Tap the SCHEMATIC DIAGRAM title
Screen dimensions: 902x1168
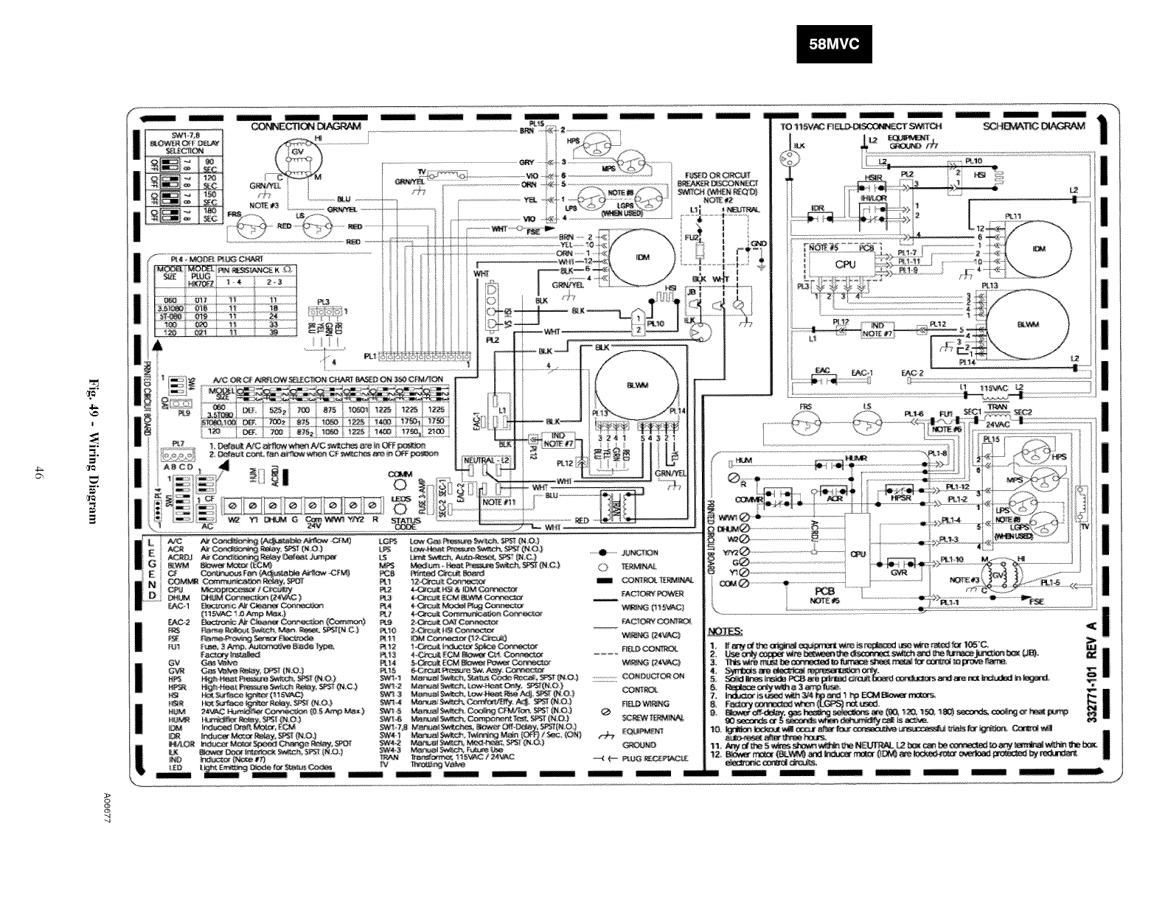click(x=1035, y=126)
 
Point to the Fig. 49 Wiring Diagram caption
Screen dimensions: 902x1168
click(x=94, y=452)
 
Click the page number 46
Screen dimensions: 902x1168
click(x=36, y=472)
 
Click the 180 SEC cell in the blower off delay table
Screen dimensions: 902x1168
click(x=210, y=215)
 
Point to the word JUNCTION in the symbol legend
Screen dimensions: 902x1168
click(x=640, y=552)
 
